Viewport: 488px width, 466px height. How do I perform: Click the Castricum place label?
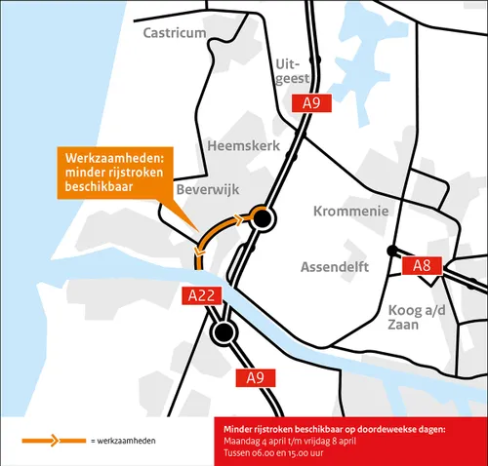point(175,33)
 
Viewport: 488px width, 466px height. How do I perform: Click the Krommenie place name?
point(350,211)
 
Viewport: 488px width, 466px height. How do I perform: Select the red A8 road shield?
point(422,265)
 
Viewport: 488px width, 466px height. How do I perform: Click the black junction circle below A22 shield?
point(224,334)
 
